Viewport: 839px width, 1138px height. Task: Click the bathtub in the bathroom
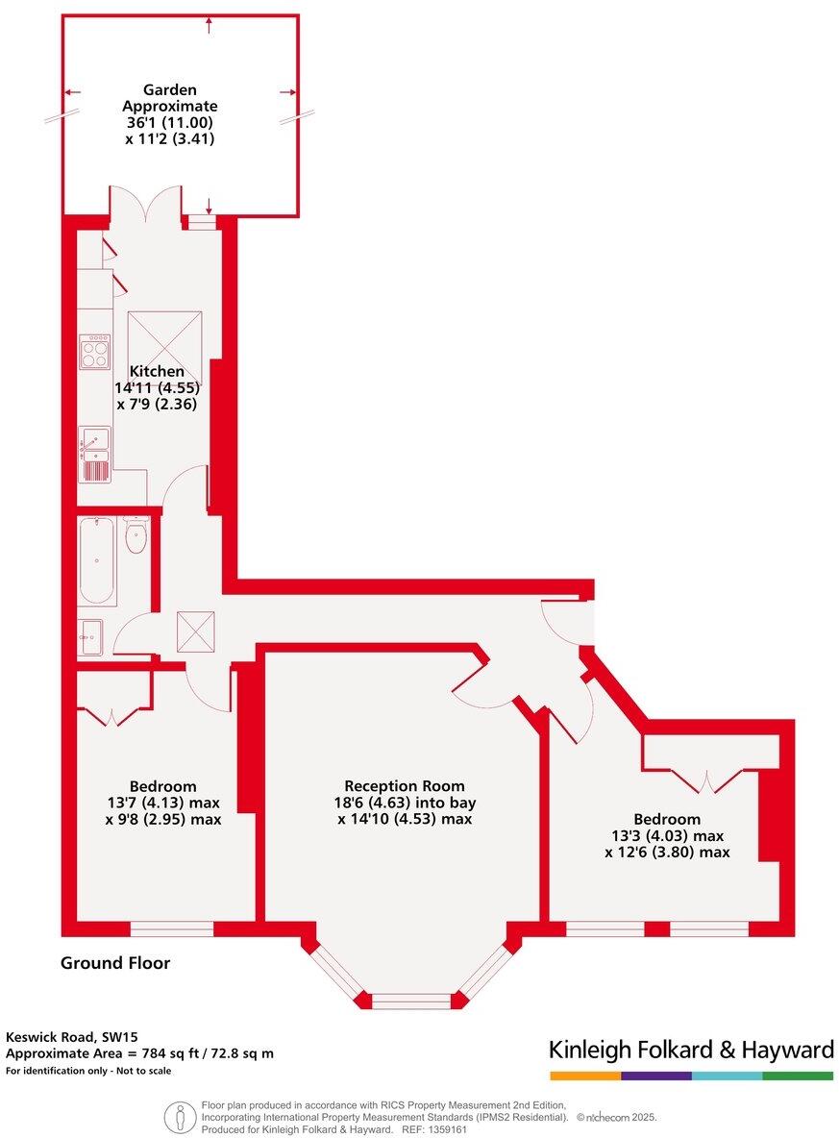click(x=97, y=561)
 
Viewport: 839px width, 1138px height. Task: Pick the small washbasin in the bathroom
click(x=92, y=636)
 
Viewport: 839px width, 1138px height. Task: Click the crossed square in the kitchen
click(x=164, y=347)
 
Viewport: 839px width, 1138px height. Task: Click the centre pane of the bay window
click(x=410, y=1002)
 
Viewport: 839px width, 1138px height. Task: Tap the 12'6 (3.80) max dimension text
click(x=667, y=852)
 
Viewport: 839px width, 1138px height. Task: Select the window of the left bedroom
click(x=171, y=928)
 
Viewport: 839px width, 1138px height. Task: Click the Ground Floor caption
click(x=115, y=963)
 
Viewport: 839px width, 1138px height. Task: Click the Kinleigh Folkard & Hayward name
click(x=690, y=1050)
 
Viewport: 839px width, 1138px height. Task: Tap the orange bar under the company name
click(x=584, y=1076)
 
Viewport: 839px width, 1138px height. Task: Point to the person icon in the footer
click(x=179, y=1117)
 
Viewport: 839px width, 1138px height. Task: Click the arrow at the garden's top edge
click(x=209, y=24)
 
